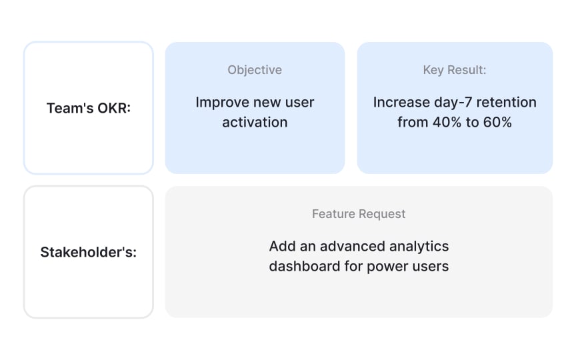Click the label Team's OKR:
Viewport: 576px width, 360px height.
click(x=89, y=108)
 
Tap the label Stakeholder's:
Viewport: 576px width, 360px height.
click(x=89, y=252)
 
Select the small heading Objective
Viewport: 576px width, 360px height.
click(x=255, y=70)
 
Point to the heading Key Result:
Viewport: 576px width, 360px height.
click(x=455, y=70)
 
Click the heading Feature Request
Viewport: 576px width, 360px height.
click(x=359, y=214)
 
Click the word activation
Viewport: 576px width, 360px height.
click(x=255, y=123)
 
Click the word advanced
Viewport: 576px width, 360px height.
click(x=350, y=247)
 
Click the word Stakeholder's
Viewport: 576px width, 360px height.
click(x=89, y=252)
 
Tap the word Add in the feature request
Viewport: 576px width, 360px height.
click(x=281, y=247)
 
